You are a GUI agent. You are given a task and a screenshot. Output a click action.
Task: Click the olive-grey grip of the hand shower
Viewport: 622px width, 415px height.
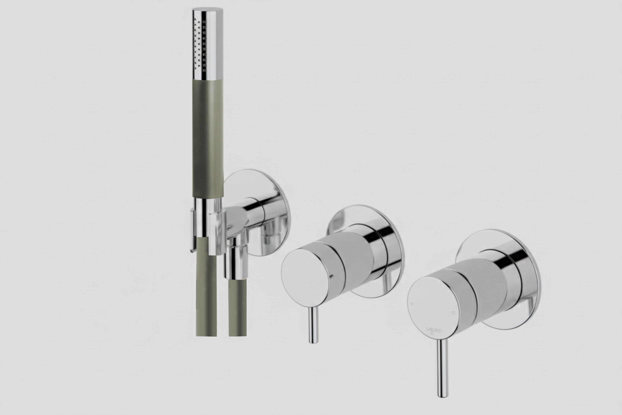pyautogui.click(x=208, y=138)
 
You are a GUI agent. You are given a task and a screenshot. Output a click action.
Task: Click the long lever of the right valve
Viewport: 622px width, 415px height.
pyautogui.click(x=442, y=371)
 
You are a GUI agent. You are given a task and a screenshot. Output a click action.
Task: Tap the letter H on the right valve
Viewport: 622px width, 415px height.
pyautogui.click(x=412, y=304)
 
